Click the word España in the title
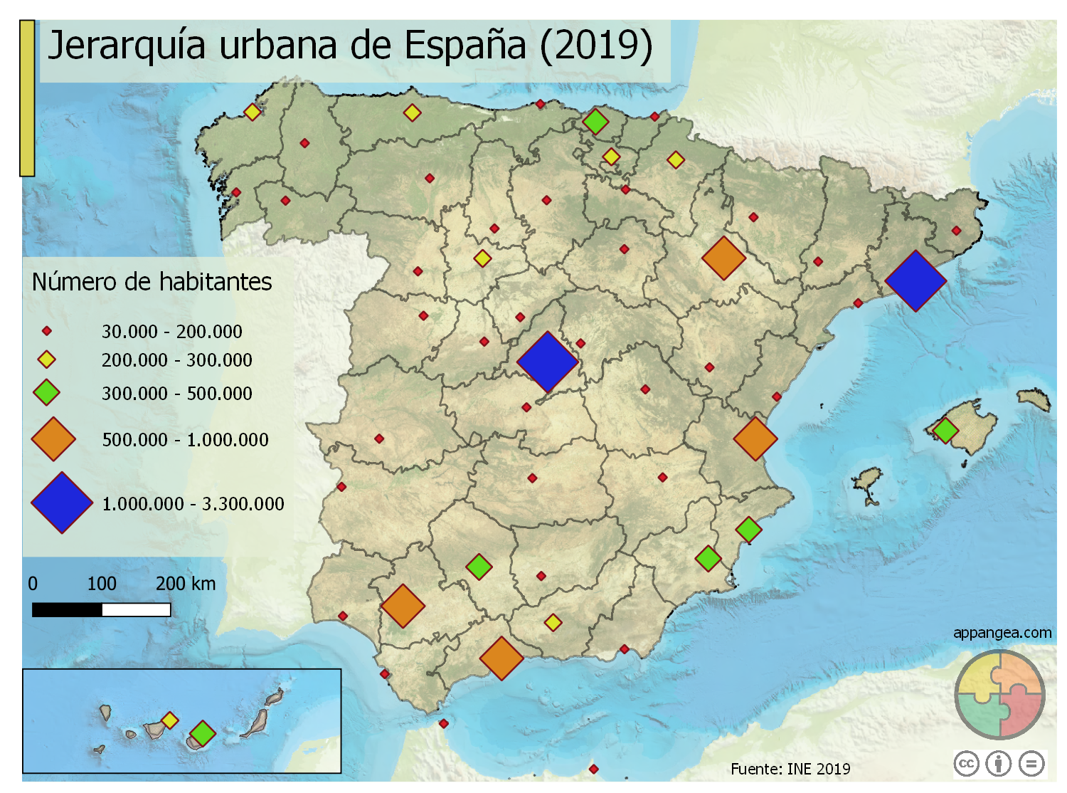pyautogui.click(x=465, y=46)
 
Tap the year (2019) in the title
pyautogui.click(x=595, y=46)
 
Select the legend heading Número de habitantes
pyautogui.click(x=152, y=282)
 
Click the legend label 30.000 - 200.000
pyautogui.click(x=171, y=332)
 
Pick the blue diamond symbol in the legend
pyautogui.click(x=62, y=503)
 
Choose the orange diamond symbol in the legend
pyautogui.click(x=53, y=439)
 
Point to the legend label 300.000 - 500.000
pyautogui.click(x=176, y=394)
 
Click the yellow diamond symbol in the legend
pyautogui.click(x=46, y=359)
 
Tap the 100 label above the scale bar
pyautogui.click(x=102, y=584)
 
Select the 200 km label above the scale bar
pyautogui.click(x=185, y=584)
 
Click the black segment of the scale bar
pyautogui.click(x=67, y=610)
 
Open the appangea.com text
pyautogui.click(x=1002, y=632)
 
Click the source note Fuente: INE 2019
pyautogui.click(x=790, y=769)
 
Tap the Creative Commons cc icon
pyautogui.click(x=966, y=764)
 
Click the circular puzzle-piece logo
pyautogui.click(x=999, y=694)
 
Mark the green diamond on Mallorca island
pyautogui.click(x=945, y=430)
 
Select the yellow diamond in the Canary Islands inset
pyautogui.click(x=169, y=720)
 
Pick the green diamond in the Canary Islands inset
pyautogui.click(x=203, y=732)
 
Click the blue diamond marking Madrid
pyautogui.click(x=548, y=362)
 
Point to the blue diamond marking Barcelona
pyautogui.click(x=915, y=280)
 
